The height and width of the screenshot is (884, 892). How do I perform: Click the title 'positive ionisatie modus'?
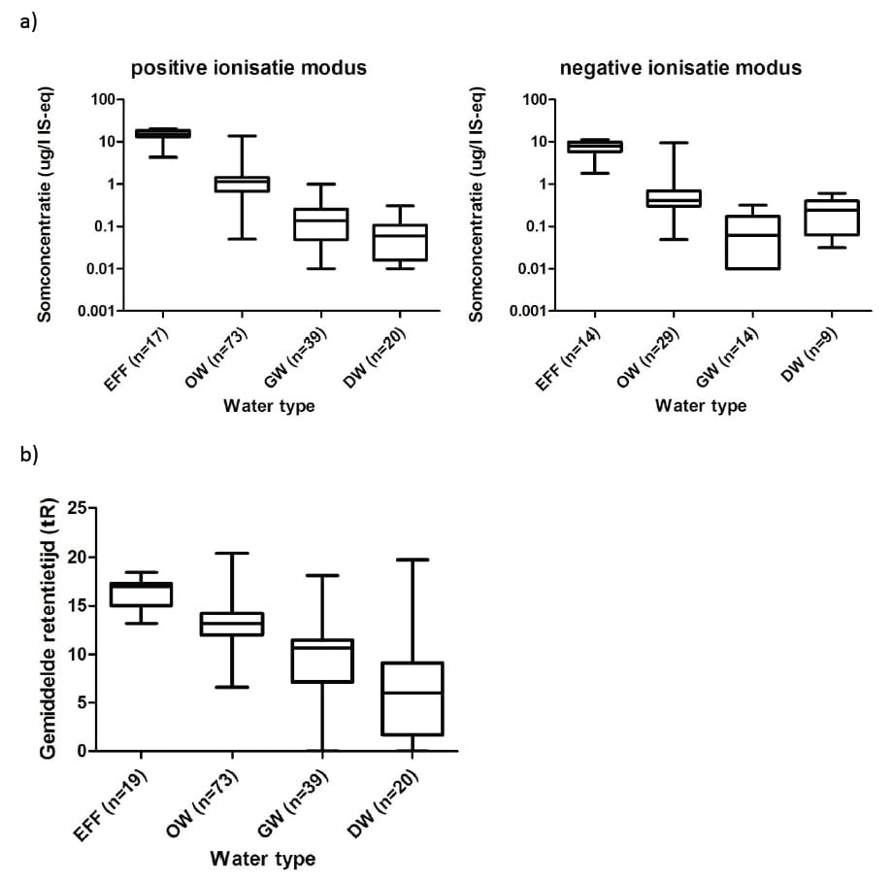click(x=248, y=68)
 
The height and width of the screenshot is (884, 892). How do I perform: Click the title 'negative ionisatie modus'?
click(x=680, y=68)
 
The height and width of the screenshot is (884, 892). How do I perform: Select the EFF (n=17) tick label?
click(x=137, y=359)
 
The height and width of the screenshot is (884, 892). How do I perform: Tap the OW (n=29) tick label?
click(x=648, y=358)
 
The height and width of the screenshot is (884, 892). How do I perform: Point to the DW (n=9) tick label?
click(x=809, y=356)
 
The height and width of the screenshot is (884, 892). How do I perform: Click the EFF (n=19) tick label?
click(x=111, y=805)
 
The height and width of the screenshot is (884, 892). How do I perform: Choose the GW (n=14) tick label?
click(x=728, y=358)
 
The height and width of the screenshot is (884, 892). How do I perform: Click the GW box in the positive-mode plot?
click(x=321, y=224)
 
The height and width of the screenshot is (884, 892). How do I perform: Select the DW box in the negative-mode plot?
click(x=832, y=218)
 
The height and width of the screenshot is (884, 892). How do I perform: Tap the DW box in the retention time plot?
click(x=413, y=698)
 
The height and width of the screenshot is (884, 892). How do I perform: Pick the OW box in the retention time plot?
click(x=232, y=624)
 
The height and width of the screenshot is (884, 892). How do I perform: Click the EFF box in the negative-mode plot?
click(x=594, y=147)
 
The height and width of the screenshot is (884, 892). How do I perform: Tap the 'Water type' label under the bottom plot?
click(x=263, y=859)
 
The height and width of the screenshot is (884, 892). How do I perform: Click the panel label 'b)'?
click(x=29, y=455)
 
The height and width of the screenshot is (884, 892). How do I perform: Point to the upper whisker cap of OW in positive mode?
click(x=243, y=135)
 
